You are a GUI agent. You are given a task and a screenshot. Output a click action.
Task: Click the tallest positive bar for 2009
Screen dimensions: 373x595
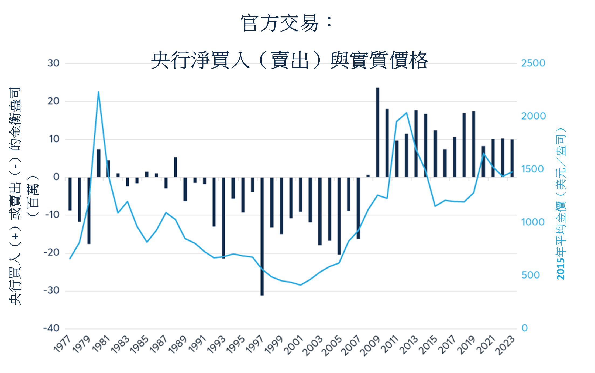coord(377,132)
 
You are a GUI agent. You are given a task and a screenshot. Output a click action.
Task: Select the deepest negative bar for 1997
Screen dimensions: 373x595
coord(262,236)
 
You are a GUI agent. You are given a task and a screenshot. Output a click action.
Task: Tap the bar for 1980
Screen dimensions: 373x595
coord(99,163)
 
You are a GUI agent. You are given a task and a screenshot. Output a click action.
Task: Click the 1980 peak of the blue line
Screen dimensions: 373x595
coord(99,92)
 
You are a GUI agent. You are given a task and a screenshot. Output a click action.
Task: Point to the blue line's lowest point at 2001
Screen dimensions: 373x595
coord(300,285)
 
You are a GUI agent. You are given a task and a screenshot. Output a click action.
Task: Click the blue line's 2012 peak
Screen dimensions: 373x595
coord(406,113)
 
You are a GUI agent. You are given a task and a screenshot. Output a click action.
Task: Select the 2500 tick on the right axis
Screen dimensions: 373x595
coord(533,63)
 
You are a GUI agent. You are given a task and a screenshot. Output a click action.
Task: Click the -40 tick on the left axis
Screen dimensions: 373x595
coord(51,328)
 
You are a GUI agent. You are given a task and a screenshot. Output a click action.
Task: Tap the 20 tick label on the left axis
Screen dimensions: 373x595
coord(53,101)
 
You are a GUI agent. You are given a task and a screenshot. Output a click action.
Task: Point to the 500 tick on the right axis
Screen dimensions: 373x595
coord(530,275)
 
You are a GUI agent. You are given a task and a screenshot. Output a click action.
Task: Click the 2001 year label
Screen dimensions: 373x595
coord(294,345)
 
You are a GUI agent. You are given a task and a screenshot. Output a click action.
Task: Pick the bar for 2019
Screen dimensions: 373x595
coord(473,144)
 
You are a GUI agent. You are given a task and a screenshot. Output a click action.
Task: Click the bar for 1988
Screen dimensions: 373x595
coord(176,167)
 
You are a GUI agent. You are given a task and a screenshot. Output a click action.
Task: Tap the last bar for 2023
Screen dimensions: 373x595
coord(512,158)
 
